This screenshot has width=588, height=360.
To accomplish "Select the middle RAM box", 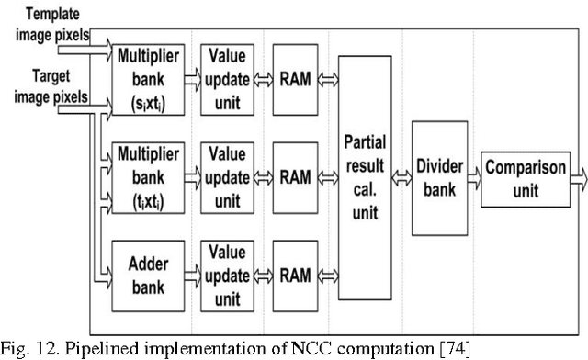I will tap(294, 174).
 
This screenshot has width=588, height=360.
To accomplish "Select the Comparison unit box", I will tap(524, 174).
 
